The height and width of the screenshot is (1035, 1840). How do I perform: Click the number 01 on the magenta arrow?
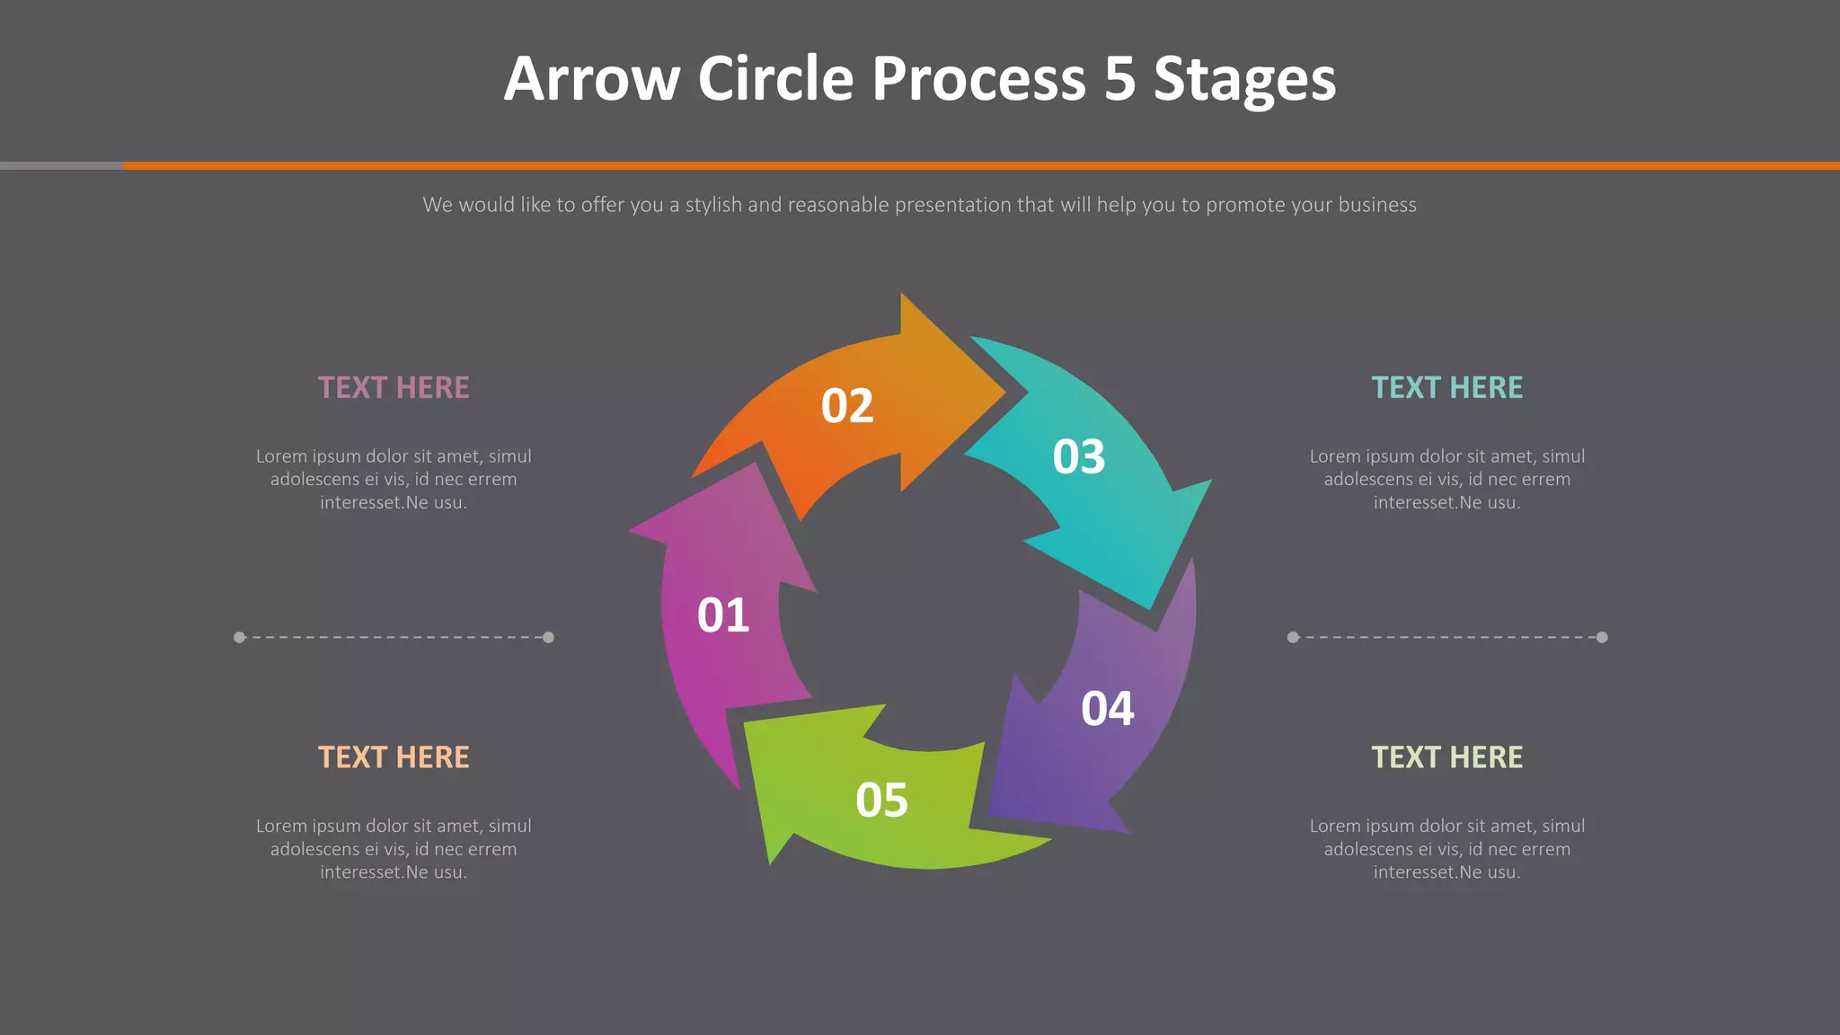(x=723, y=615)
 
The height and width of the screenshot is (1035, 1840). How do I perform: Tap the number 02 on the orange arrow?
(x=847, y=406)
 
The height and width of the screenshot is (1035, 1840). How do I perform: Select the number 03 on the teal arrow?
(x=1079, y=457)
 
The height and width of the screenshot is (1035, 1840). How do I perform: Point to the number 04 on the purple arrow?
(x=1108, y=709)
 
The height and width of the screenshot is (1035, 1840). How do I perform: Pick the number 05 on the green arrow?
(x=882, y=800)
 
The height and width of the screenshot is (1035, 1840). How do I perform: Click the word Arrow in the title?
(x=592, y=79)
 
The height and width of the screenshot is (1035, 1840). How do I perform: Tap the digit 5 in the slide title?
(x=1120, y=79)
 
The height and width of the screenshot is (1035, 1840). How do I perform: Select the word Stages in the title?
(x=1245, y=81)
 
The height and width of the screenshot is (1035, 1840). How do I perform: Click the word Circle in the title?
(x=775, y=79)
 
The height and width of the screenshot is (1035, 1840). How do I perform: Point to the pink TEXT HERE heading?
(x=394, y=387)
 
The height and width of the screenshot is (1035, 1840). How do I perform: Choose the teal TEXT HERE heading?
(x=1446, y=387)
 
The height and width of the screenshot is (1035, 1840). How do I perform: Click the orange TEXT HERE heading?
(x=394, y=757)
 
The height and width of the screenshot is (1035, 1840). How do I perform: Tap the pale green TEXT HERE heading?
(x=1446, y=757)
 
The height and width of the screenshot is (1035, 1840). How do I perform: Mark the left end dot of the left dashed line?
(x=239, y=637)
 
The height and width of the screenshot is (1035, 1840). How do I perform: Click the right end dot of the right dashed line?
(x=1602, y=637)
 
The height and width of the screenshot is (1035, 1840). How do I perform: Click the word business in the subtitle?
(x=1377, y=205)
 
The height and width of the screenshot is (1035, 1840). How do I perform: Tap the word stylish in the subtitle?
(x=713, y=205)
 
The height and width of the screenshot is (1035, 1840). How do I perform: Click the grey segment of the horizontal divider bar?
(x=61, y=165)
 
